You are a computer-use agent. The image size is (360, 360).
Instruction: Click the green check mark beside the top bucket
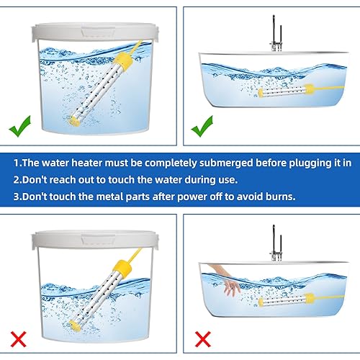(x=20, y=128)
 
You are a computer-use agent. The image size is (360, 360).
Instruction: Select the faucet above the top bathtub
(x=275, y=38)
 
